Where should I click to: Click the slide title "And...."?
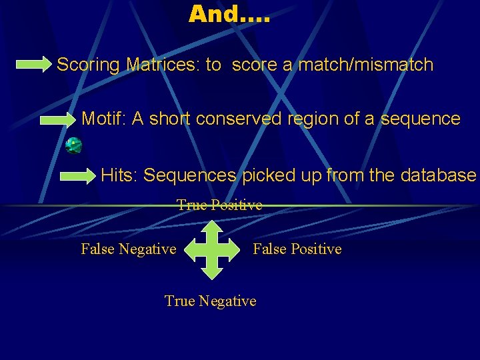[x=229, y=14]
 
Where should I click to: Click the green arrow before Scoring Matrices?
[x=33, y=65]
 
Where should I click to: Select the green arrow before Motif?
[x=57, y=120]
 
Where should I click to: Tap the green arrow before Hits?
[x=78, y=176]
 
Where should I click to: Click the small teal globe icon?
[x=73, y=145]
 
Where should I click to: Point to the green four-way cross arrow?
[x=211, y=250]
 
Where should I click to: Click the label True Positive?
[x=219, y=205]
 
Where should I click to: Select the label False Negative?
[x=128, y=249]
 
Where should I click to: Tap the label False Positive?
[x=297, y=249]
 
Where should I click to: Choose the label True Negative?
[x=210, y=301]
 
